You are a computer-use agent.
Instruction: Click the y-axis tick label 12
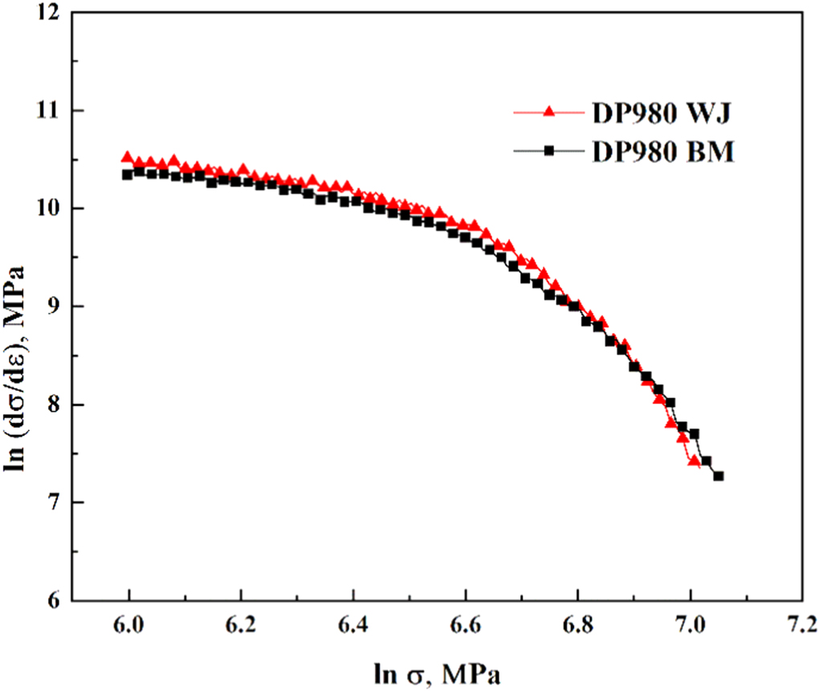click(x=50, y=14)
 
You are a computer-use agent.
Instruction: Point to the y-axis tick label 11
click(x=50, y=111)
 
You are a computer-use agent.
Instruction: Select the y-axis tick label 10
click(x=50, y=209)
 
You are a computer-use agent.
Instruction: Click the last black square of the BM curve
click(x=719, y=476)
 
